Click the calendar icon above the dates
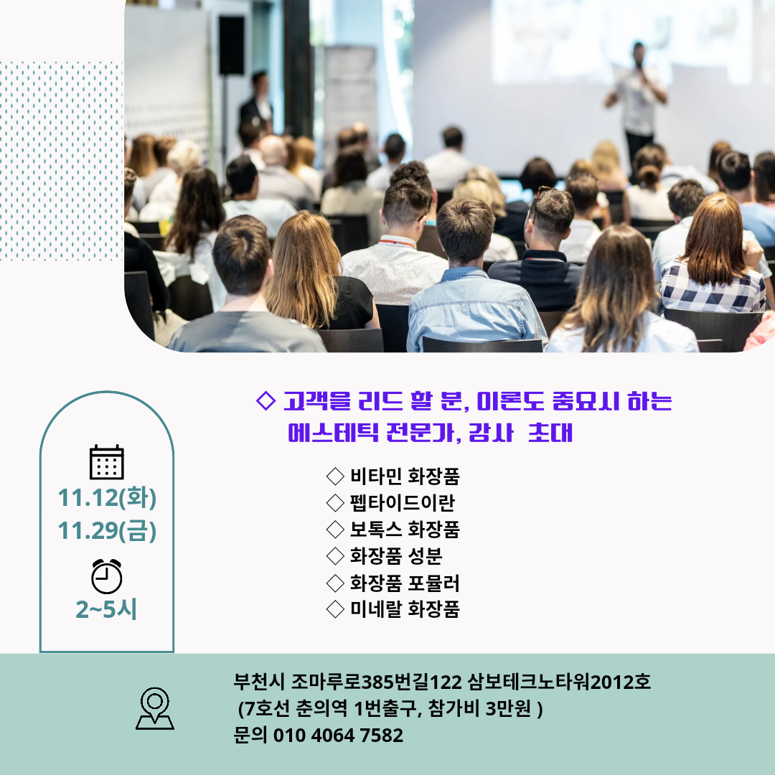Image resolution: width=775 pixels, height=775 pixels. click(107, 462)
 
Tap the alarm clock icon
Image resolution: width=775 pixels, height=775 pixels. click(107, 576)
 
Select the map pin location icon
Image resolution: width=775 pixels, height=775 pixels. click(155, 708)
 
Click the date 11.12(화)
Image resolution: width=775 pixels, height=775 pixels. click(107, 497)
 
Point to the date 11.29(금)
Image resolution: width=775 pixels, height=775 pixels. click(107, 530)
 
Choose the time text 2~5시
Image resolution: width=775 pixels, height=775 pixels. click(106, 609)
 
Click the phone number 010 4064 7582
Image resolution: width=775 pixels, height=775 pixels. click(338, 736)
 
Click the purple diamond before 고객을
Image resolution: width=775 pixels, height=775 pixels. click(266, 401)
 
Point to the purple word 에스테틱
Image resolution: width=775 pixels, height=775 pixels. click(333, 433)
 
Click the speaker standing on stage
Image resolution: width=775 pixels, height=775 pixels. click(637, 101)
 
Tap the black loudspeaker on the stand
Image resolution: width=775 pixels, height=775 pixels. click(231, 45)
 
